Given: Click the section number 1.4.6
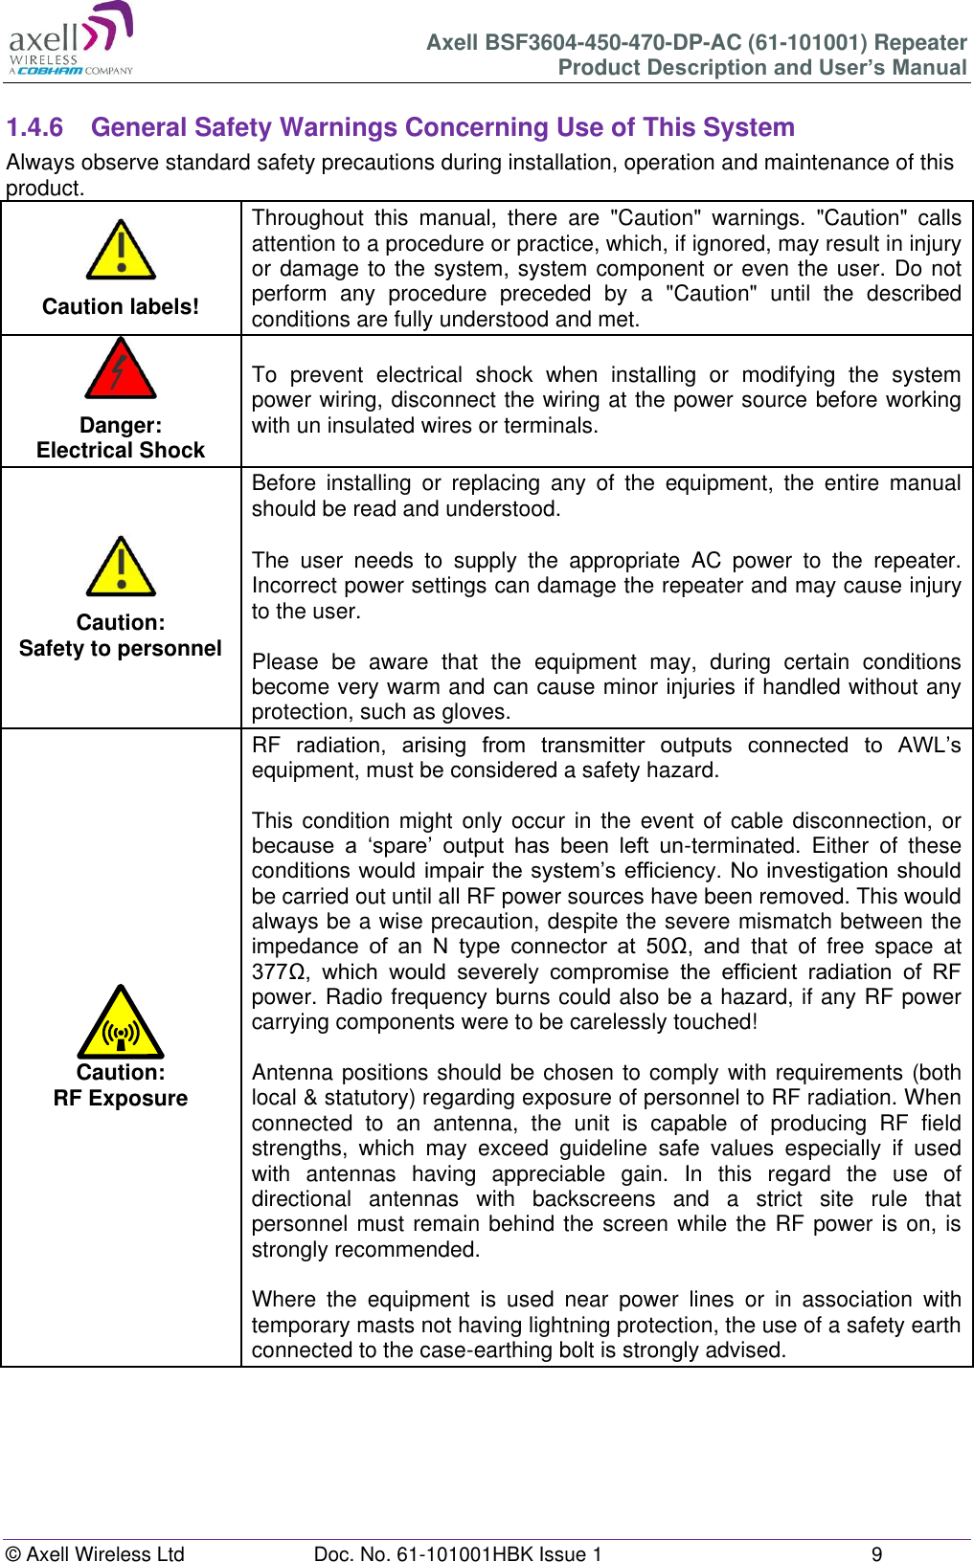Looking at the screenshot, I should coord(34,127).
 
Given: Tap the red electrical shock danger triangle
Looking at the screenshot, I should coord(121,369).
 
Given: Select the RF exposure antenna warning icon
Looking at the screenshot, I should coord(121,1024).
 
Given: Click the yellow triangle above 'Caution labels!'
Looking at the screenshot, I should coord(121,251).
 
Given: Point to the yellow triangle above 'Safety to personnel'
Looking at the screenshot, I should coord(121,568).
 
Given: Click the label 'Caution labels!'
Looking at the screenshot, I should coord(121,306).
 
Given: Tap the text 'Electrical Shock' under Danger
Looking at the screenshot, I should coord(121,450).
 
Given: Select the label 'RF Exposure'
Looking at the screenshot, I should coord(121,1098).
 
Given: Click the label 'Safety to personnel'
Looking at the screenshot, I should coord(121,648).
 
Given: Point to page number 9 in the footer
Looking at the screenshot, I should coord(876,1553).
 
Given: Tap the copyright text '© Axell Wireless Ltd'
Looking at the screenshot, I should coord(95,1553).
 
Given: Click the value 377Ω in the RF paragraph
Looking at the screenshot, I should coord(279,971).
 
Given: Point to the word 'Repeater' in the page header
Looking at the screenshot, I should coord(920,42).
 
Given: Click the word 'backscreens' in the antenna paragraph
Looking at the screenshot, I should coord(594,1199).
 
